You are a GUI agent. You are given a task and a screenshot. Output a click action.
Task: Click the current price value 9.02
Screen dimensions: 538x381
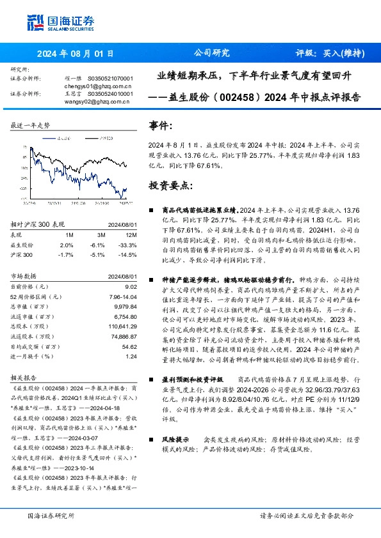(130, 287)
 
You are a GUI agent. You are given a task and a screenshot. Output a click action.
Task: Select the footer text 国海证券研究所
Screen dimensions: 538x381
(51, 516)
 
